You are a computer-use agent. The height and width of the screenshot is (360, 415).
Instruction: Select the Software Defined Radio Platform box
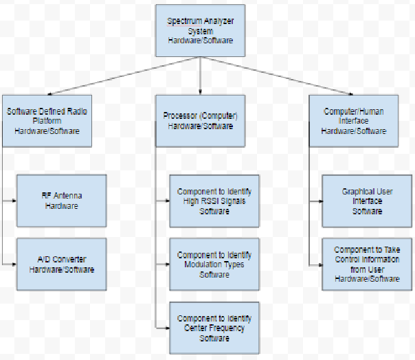(47, 120)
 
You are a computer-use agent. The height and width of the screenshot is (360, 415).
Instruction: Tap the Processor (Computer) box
(200, 120)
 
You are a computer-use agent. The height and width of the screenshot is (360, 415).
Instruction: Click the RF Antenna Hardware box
(62, 201)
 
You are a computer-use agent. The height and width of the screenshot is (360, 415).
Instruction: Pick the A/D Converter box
(62, 265)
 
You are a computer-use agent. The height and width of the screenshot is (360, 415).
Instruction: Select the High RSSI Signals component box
(214, 201)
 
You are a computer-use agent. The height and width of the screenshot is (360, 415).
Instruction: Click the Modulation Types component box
(214, 265)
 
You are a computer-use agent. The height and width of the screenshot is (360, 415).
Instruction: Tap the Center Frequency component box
(214, 328)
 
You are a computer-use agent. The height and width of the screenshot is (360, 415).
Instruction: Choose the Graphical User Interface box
(367, 201)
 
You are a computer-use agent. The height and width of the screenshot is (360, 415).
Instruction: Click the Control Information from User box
(367, 265)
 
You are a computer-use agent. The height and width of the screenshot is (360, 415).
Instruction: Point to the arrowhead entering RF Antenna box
(14, 201)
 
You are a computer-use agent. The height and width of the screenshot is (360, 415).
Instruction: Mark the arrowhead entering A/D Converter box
(14, 265)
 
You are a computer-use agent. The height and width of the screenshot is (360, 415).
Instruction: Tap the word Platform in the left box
(47, 120)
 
